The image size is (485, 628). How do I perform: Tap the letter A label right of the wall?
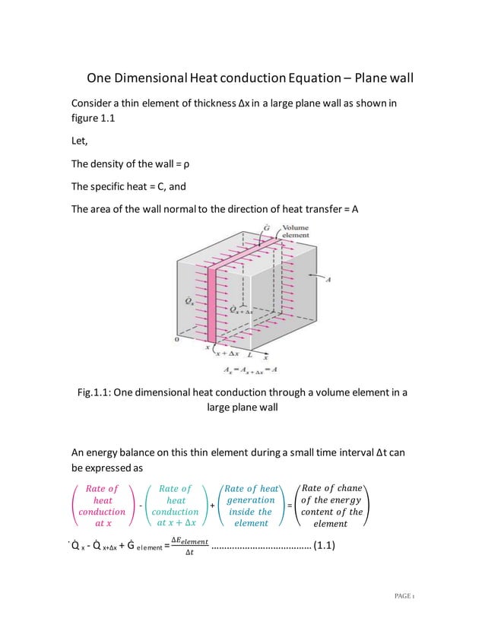(328, 281)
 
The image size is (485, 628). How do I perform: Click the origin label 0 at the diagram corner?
(177, 340)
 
